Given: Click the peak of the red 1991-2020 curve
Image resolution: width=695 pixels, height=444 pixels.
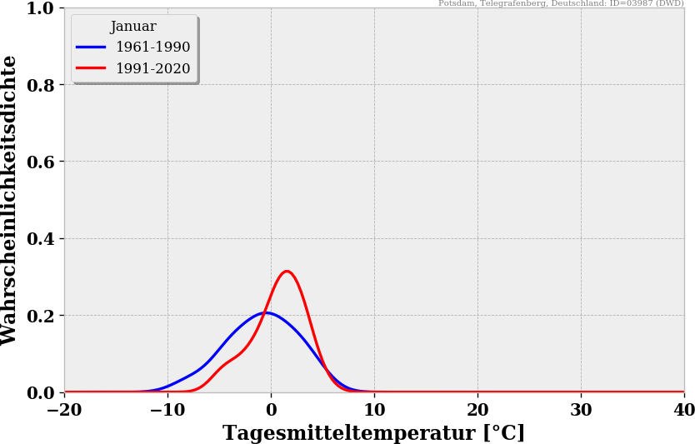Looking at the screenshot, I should click(287, 272).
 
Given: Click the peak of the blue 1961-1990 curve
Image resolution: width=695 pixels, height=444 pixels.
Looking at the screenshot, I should click(265, 313).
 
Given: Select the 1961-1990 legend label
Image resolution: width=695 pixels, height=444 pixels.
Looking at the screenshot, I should click(152, 47).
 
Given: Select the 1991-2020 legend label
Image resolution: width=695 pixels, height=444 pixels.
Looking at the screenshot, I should click(152, 69).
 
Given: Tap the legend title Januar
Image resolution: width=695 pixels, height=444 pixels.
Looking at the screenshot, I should click(133, 27).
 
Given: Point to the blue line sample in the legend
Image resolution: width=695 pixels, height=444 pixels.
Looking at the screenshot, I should click(91, 47).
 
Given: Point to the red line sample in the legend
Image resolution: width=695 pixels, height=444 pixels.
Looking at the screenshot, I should click(91, 69).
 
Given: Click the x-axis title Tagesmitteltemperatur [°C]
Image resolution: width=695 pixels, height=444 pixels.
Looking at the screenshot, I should click(373, 433).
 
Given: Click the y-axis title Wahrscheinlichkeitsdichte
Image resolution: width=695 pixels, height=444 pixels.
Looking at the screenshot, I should click(10, 200).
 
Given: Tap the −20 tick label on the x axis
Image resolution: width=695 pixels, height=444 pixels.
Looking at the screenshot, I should click(64, 410).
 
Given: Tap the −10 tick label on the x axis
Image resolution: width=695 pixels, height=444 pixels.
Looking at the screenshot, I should click(167, 410).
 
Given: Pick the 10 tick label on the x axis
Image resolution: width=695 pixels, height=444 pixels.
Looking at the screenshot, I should click(374, 410).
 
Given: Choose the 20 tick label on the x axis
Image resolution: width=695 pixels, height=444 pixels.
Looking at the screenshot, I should click(477, 410).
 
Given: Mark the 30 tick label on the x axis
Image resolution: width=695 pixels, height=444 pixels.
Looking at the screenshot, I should click(581, 410).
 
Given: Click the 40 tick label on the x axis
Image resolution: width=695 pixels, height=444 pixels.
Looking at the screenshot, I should click(683, 410).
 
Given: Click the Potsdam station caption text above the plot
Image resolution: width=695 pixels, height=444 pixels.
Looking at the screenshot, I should click(561, 3).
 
